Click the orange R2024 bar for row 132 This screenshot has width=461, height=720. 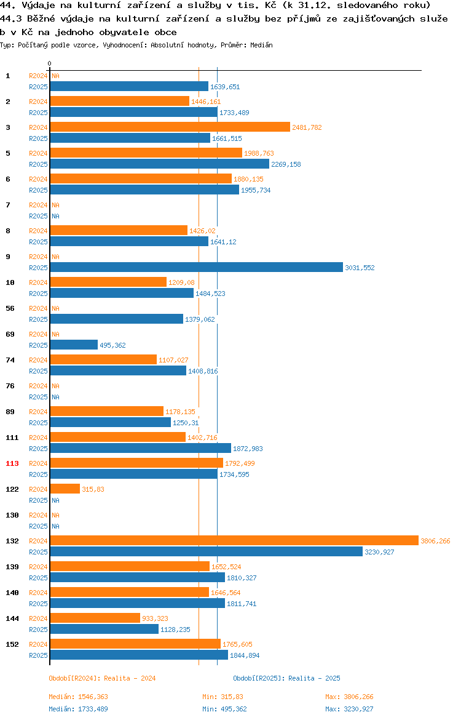[x=234, y=541]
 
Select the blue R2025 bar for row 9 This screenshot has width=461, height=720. [x=197, y=267]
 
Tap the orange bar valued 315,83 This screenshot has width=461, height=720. [x=65, y=489]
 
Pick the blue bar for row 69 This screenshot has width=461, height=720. [x=74, y=345]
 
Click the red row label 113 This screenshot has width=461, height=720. [x=12, y=463]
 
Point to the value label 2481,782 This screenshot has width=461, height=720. [x=307, y=127]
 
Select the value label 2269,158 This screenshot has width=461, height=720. [x=286, y=164]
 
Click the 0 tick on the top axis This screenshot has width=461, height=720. [x=50, y=63]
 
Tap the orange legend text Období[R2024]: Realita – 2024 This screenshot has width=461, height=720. [x=102, y=678]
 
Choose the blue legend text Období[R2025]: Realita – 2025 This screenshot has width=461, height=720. [x=286, y=678]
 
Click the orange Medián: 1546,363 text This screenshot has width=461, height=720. [x=79, y=697]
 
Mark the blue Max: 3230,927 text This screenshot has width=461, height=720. [x=349, y=709]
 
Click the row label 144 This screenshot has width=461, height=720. [x=12, y=618]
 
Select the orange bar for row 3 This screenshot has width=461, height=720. [x=170, y=127]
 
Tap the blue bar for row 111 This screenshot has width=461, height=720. [x=141, y=448]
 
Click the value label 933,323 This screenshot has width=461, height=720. [x=155, y=618]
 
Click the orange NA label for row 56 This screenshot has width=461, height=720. [x=55, y=308]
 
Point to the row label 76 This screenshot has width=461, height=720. [x=10, y=386]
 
